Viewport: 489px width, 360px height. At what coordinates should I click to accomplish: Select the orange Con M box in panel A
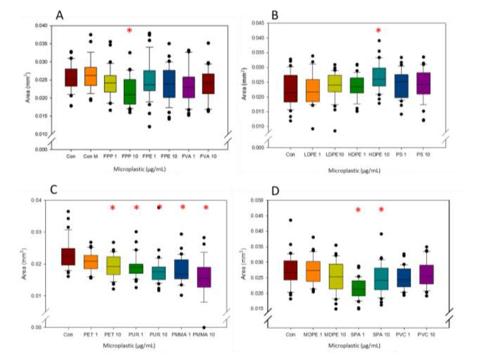(x=90, y=76)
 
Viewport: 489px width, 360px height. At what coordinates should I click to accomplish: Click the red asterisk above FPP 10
(x=129, y=31)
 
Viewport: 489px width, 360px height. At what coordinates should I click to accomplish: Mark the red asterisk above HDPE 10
(x=378, y=31)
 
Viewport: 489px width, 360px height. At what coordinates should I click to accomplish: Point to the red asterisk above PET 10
(x=113, y=209)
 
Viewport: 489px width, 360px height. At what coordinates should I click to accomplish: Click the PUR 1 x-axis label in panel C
(x=136, y=336)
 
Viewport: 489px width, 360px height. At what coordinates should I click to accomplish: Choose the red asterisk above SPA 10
(x=382, y=210)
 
